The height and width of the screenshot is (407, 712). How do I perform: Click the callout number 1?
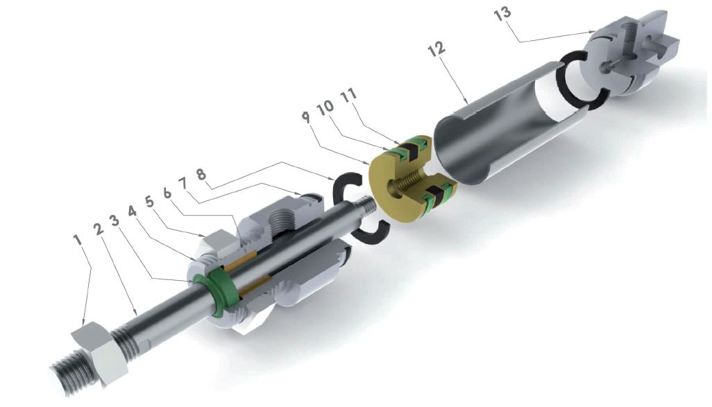[78, 239]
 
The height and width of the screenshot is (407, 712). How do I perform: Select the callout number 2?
[98, 227]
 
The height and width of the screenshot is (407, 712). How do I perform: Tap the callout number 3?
[115, 220]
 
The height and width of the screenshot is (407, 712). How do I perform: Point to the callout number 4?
[132, 211]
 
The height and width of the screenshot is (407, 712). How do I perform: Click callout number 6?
[167, 192]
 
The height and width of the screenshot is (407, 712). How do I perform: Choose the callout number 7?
[183, 184]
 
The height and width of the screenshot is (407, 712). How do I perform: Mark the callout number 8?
[201, 174]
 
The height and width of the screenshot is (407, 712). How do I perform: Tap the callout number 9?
[307, 116]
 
